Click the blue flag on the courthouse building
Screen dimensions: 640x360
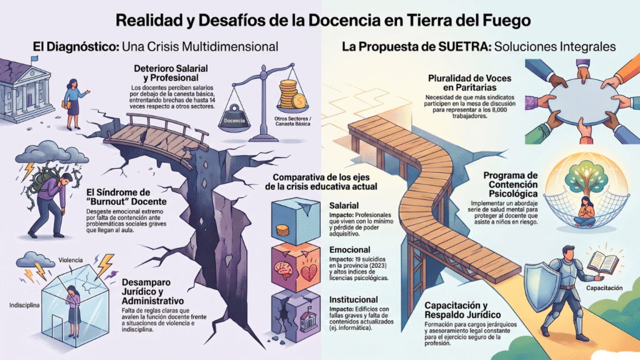click(x=34, y=59)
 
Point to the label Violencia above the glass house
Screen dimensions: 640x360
click(x=70, y=260)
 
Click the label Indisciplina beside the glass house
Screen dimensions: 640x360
click(x=24, y=305)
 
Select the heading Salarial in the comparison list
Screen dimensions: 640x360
click(x=344, y=206)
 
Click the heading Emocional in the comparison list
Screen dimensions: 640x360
click(x=350, y=250)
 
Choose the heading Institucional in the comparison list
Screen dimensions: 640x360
click(x=354, y=299)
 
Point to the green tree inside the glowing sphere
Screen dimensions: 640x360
click(x=586, y=177)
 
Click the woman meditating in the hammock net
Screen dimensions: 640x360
click(x=584, y=212)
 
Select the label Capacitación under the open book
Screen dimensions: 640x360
click(x=604, y=288)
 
